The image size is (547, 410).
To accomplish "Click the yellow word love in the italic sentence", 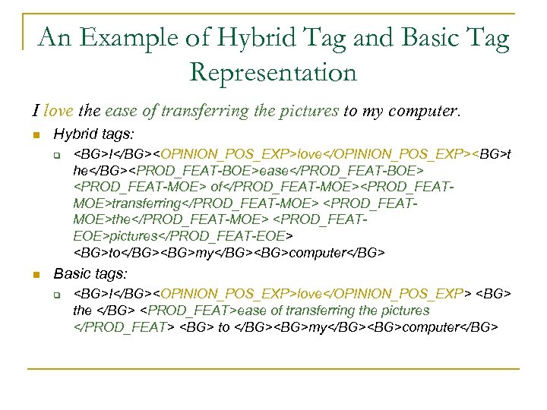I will click(x=58, y=111).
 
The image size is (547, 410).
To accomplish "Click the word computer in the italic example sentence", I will click(x=421, y=111).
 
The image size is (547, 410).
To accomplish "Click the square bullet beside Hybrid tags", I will click(x=35, y=135).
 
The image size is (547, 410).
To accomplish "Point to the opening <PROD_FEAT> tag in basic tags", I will click(x=190, y=311).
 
